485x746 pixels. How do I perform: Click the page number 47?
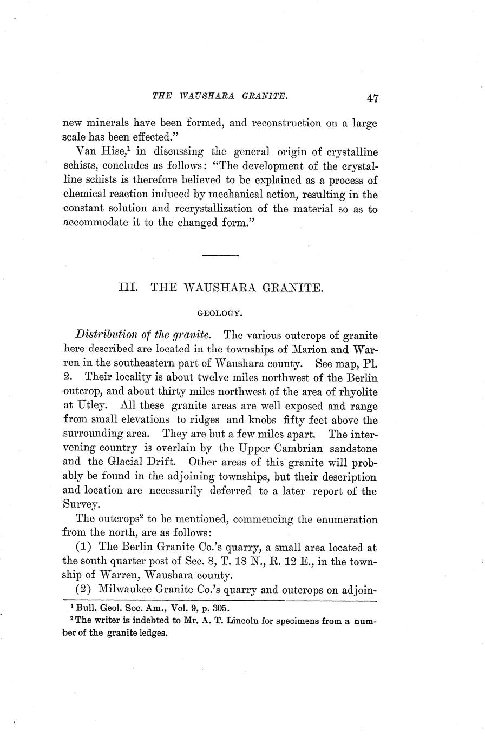[372, 98]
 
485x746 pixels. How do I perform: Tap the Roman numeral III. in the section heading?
[127, 288]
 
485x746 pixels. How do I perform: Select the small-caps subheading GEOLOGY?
[220, 312]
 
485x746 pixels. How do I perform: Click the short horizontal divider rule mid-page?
[220, 256]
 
